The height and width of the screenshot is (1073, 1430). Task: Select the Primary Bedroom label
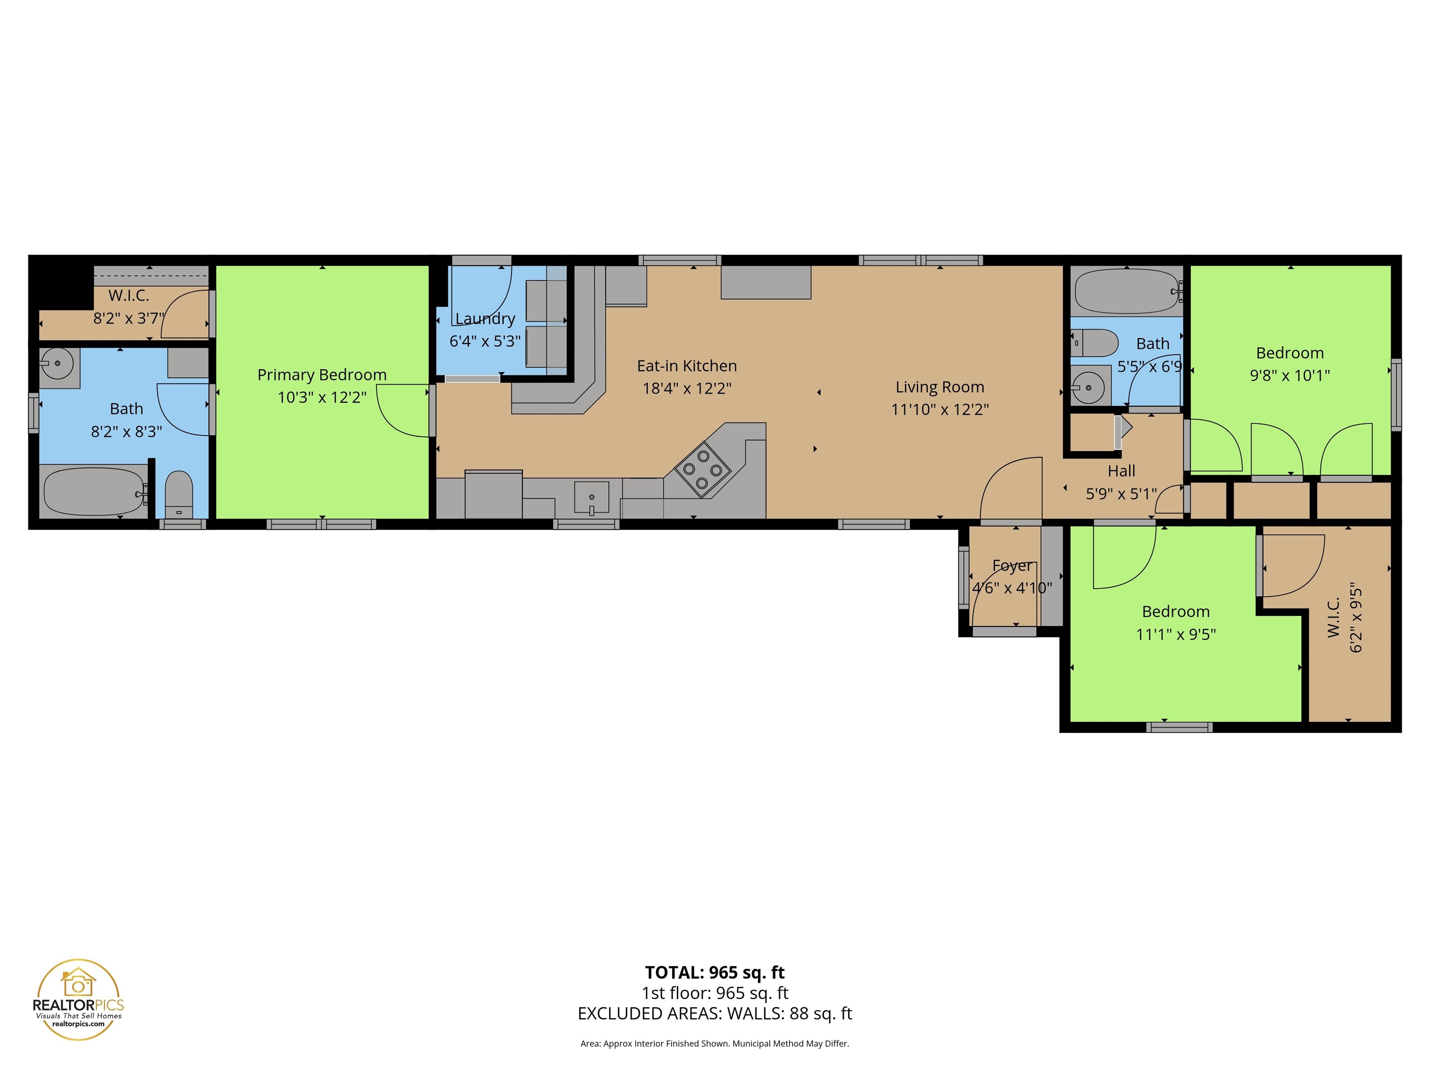click(x=322, y=374)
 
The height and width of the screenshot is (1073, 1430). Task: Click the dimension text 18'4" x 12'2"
click(x=687, y=388)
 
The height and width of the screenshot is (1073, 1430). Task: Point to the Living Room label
click(x=939, y=387)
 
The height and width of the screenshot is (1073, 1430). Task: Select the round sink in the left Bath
click(x=58, y=363)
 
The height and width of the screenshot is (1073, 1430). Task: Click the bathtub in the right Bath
click(x=1126, y=291)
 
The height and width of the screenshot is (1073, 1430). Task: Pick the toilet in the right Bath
click(x=1094, y=343)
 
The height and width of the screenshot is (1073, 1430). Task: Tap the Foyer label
click(x=1012, y=566)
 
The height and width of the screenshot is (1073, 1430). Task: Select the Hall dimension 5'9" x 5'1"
click(x=1121, y=494)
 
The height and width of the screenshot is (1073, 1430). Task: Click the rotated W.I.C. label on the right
click(x=1333, y=618)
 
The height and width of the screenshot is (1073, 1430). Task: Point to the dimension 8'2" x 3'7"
click(x=128, y=318)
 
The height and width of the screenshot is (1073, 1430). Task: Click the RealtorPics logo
click(x=78, y=999)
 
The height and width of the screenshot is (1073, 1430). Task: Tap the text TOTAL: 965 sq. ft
click(x=715, y=972)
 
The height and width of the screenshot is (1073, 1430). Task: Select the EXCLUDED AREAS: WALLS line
click(x=715, y=1013)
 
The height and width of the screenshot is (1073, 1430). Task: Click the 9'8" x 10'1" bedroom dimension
click(x=1289, y=375)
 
